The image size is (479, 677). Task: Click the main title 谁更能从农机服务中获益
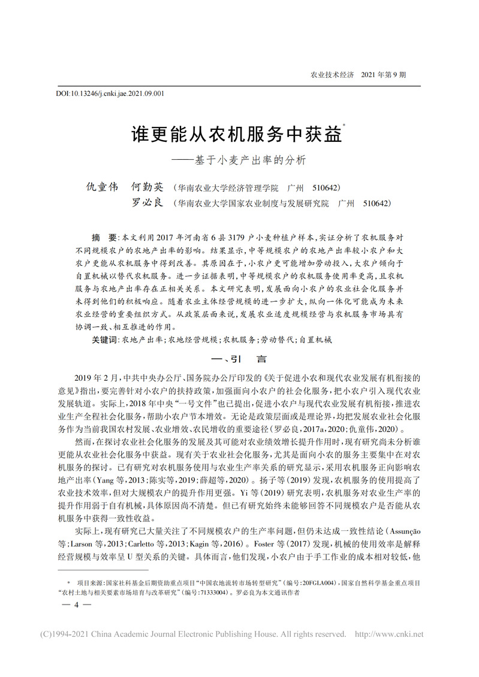click(x=236, y=133)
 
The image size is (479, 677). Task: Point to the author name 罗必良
click(x=147, y=203)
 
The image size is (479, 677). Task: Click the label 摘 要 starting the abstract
click(x=103, y=236)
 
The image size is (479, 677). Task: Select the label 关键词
click(x=105, y=339)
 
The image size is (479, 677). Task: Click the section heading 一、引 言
click(x=239, y=359)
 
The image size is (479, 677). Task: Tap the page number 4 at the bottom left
click(x=77, y=605)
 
